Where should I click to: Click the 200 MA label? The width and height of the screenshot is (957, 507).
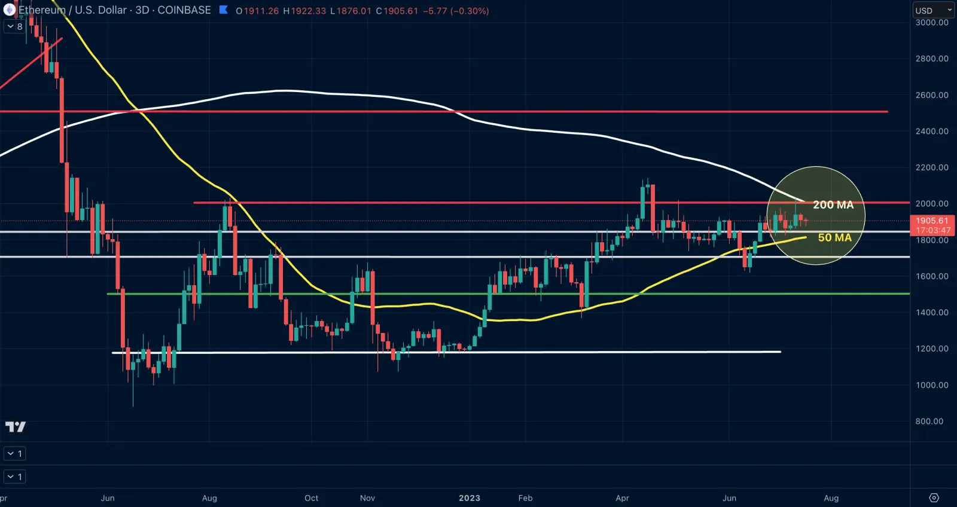(833, 205)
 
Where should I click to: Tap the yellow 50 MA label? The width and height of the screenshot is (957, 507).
(834, 238)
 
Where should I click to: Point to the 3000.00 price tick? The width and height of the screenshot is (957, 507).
(931, 23)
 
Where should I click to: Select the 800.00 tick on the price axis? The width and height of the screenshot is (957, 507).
(929, 422)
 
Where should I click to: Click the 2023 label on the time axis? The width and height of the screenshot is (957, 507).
(470, 498)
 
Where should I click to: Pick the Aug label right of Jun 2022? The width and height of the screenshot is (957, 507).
(209, 498)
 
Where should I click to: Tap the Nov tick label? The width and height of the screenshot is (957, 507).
(367, 498)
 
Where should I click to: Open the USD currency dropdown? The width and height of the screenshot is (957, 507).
(933, 10)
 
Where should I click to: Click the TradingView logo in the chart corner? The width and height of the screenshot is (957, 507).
(16, 426)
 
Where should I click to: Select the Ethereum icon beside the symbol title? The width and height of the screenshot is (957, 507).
(9, 10)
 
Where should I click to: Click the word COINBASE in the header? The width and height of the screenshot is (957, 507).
(184, 10)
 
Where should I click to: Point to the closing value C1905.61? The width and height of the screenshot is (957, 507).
(397, 11)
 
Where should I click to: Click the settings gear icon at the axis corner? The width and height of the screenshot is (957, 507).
(934, 498)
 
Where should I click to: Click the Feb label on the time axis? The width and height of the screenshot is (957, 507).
(525, 498)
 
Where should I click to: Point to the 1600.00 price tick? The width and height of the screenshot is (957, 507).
(931, 276)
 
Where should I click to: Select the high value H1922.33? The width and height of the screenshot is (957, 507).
(304, 11)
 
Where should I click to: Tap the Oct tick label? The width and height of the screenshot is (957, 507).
(311, 498)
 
